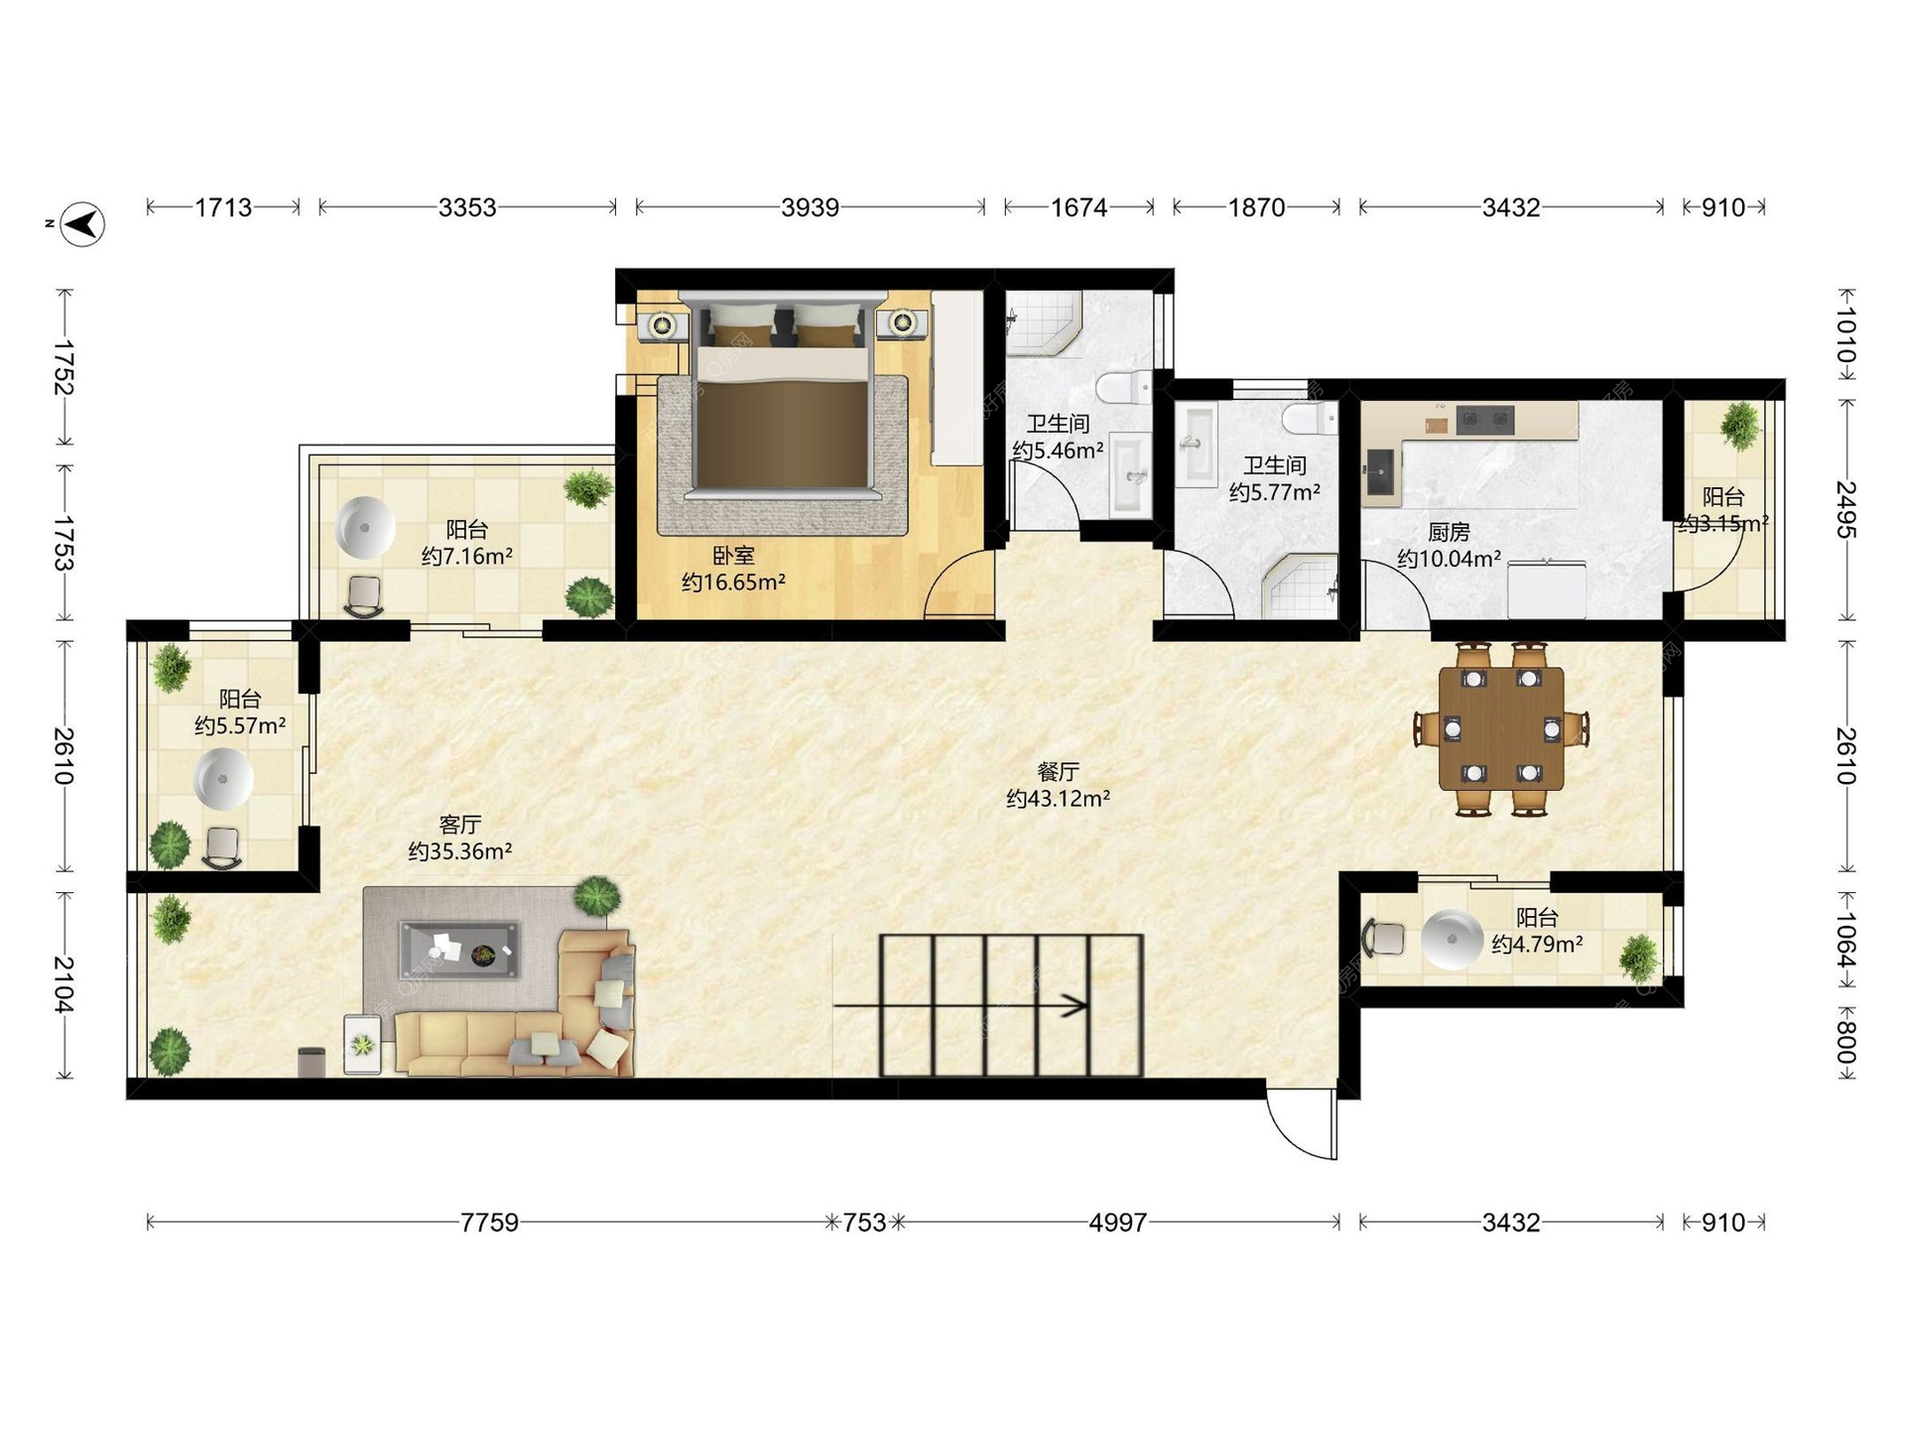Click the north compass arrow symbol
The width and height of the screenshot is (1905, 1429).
(82, 223)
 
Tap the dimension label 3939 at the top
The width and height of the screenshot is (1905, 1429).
(810, 207)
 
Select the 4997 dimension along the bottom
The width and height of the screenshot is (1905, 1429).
(1117, 1223)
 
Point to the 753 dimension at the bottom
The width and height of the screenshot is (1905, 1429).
(864, 1223)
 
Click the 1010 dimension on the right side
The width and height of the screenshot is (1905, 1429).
(1845, 335)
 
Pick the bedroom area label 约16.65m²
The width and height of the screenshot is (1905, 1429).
(733, 583)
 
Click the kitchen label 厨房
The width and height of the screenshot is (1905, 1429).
(1449, 533)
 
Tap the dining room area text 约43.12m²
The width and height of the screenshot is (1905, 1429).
(1058, 798)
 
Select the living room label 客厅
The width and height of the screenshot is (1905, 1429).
(460, 825)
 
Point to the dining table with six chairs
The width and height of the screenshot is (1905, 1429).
(1501, 729)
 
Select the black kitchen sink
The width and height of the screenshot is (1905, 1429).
(1379, 471)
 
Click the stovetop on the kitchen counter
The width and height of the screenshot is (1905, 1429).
(1484, 421)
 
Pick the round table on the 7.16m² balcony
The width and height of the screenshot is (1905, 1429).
(365, 528)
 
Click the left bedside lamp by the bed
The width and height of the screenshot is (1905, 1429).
(663, 325)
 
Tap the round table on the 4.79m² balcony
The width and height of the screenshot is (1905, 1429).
(1452, 939)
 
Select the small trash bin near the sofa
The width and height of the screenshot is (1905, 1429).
(312, 1062)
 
